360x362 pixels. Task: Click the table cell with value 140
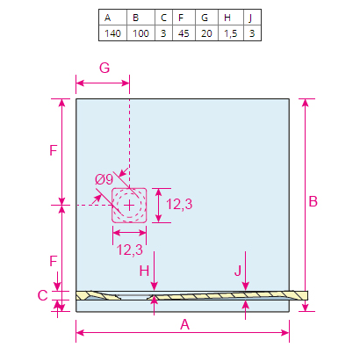(112, 33)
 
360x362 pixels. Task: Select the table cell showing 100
(140, 33)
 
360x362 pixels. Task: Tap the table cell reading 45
(184, 33)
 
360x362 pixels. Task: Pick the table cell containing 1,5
(231, 33)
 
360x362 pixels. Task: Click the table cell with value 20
(206, 33)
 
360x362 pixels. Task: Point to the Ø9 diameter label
(104, 179)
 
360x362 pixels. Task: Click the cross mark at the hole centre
(129, 206)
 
